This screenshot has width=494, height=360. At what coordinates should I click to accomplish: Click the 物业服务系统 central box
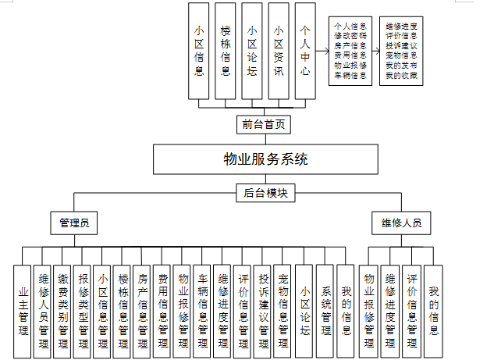265,159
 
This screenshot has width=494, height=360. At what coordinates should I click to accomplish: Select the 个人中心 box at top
305,51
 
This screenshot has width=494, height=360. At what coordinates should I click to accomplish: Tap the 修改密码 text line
350,36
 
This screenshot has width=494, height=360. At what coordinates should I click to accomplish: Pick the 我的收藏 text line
401,76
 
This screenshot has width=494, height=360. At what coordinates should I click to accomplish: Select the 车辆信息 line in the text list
350,76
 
